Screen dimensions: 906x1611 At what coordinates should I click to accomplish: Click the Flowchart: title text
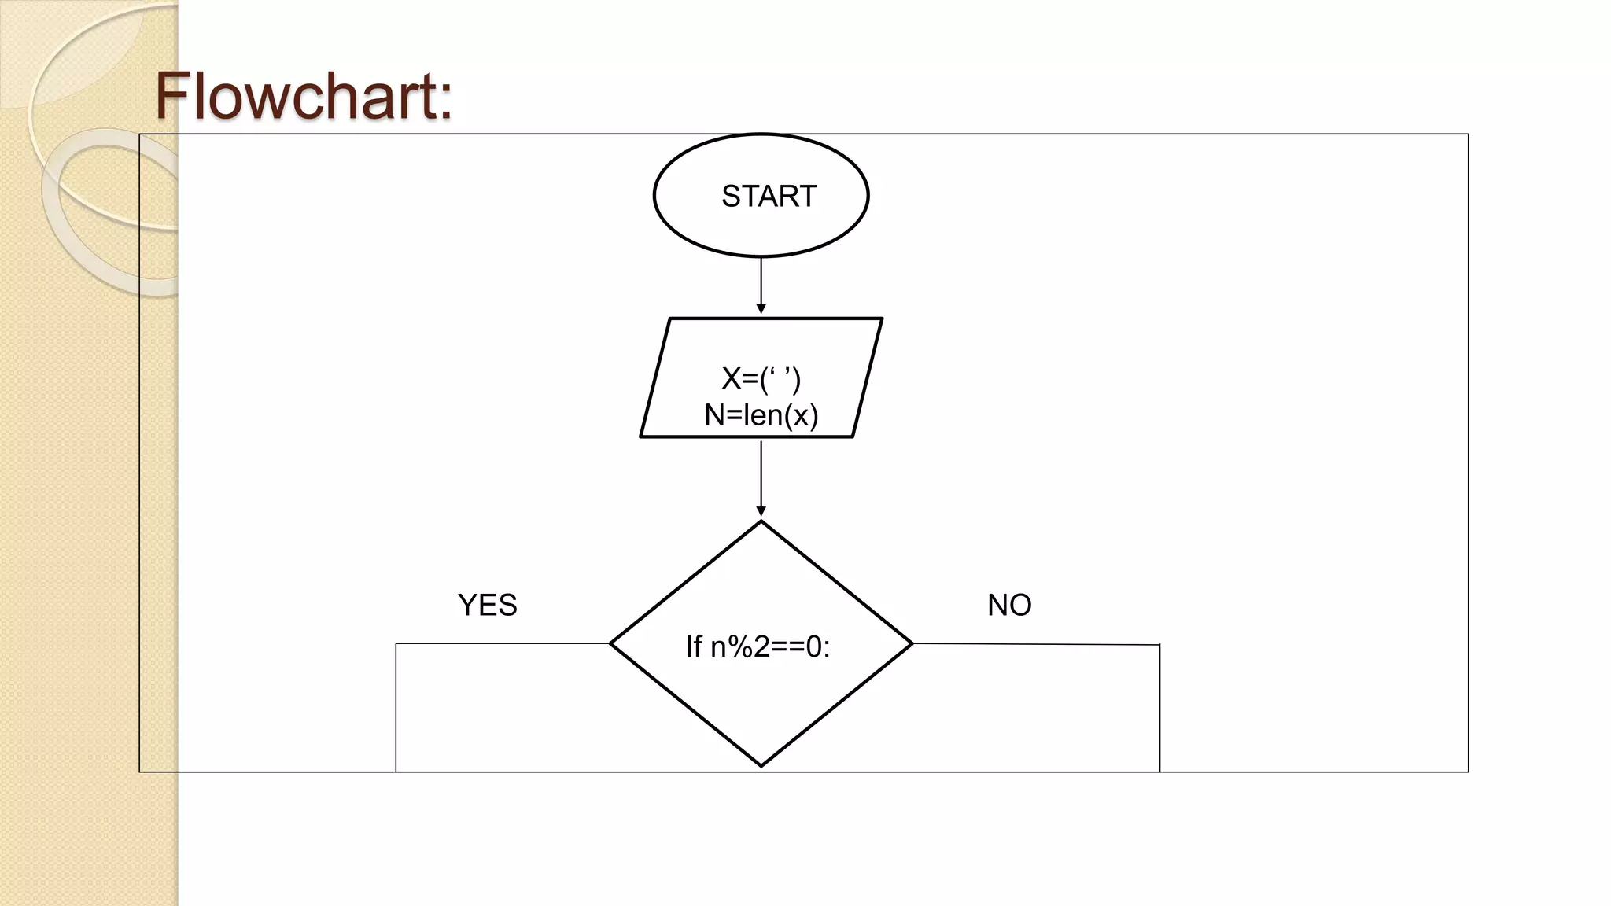pos(304,96)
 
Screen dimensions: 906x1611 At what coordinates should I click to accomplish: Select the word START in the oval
pos(769,196)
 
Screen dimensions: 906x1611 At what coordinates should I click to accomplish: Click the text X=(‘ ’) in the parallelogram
pos(761,379)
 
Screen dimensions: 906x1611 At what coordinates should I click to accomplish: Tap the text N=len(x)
pos(761,415)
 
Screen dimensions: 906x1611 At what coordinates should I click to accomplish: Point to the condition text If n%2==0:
pos(758,646)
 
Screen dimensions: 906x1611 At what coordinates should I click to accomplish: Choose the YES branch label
pos(487,605)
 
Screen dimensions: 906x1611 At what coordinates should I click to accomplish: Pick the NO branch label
pos(1009,605)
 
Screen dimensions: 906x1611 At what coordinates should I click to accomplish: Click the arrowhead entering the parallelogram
pos(761,309)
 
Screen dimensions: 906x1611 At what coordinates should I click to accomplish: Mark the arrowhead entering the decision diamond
pos(761,512)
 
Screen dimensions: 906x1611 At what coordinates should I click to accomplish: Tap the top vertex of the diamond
pos(761,521)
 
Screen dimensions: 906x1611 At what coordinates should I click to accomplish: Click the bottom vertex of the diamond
pos(761,765)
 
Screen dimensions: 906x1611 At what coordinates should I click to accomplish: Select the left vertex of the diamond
pos(611,643)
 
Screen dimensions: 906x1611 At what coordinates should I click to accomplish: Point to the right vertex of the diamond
pos(912,643)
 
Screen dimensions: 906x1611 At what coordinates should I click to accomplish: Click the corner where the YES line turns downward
pos(396,644)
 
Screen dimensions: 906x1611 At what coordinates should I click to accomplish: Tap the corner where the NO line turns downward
pos(1159,645)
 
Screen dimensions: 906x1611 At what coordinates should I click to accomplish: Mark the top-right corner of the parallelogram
pos(881,319)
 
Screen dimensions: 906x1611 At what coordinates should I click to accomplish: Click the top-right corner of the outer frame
pos(1468,134)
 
